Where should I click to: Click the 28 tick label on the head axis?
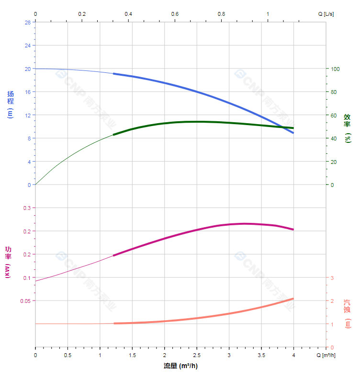coord(28,23)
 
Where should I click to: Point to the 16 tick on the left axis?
coord(28,92)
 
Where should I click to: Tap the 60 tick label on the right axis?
coord(334,115)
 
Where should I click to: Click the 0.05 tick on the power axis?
coord(25,301)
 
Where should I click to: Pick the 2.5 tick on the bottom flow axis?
coord(197,356)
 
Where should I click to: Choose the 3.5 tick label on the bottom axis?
coord(261,356)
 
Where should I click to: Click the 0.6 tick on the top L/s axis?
coord(175,14)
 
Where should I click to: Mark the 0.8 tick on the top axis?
coord(221,14)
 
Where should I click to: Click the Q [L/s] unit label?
coord(326,14)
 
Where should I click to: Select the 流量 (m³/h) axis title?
coord(180,367)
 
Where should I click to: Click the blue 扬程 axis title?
coord(11,104)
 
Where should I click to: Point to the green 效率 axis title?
coord(348,127)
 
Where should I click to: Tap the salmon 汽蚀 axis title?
coord(348,314)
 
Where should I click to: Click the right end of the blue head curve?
coord(293,133)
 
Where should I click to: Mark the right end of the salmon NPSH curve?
coord(293,299)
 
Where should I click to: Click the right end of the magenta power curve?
coord(293,230)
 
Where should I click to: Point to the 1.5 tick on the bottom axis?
coord(132,356)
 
